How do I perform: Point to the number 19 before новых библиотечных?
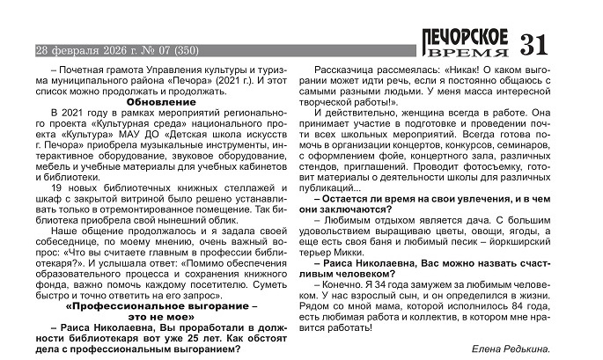(58, 187)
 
